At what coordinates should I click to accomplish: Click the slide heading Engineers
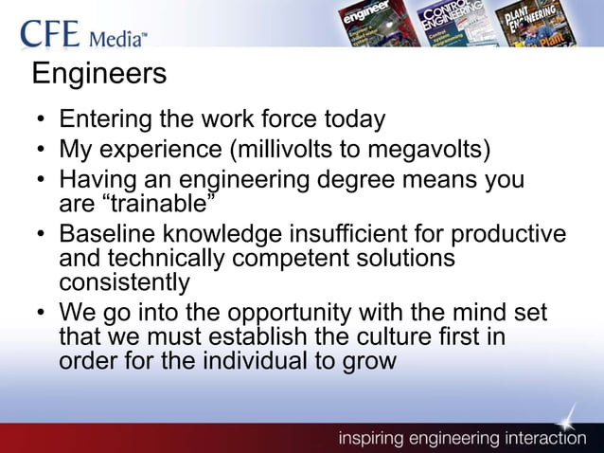[x=99, y=73]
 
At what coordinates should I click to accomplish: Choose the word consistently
[x=124, y=282]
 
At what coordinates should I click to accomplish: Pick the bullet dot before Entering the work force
[x=43, y=121]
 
